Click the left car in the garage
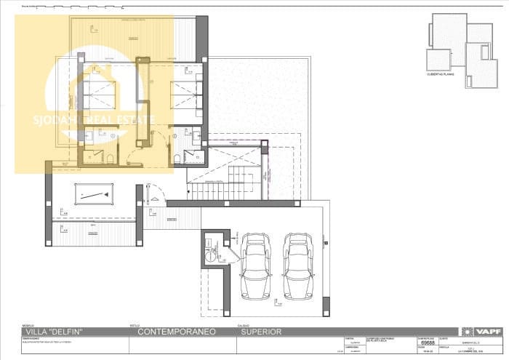[255, 265]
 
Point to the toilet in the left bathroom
[109, 158]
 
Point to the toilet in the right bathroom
[177, 159]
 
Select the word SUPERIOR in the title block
[260, 332]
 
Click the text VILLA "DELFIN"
[55, 332]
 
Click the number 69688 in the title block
[428, 342]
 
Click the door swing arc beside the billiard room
[153, 195]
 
